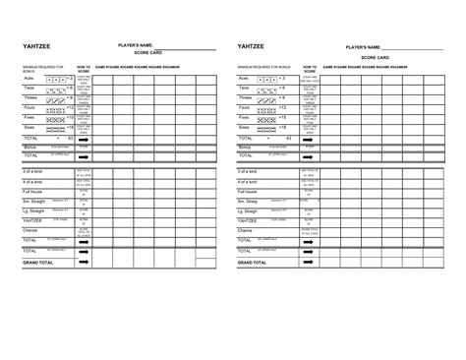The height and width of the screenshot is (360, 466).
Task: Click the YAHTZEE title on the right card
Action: point(251,46)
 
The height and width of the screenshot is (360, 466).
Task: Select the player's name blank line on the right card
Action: point(422,48)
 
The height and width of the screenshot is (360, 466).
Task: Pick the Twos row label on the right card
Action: point(243,88)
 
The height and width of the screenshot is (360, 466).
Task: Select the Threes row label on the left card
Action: point(31,98)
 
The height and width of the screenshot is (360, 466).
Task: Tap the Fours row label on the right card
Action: point(244,108)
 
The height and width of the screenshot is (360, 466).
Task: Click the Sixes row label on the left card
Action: point(30,127)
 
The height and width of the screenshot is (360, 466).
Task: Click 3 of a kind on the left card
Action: point(34,171)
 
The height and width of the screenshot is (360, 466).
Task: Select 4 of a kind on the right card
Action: point(249,182)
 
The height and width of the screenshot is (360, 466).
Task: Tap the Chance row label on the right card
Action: point(246,229)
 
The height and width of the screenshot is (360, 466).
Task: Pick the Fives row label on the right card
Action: point(244,118)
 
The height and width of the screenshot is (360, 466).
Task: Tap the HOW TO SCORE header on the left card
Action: point(84,67)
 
